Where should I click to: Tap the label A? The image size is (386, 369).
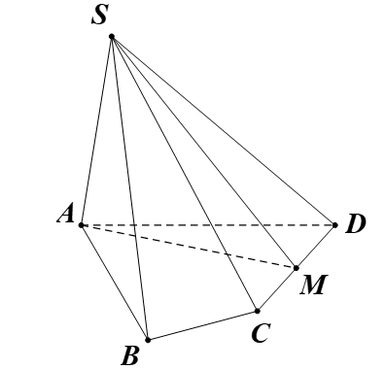point(65,216)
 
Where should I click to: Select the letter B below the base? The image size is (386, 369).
point(130,354)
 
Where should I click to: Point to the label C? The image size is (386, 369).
point(260,333)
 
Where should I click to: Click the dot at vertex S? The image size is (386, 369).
point(113,37)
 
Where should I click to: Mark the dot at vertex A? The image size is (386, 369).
point(82,225)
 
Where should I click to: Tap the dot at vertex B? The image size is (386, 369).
point(147,340)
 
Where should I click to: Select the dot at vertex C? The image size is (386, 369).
point(257,311)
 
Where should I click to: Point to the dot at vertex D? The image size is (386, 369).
point(334,225)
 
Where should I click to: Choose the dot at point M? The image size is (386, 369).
point(297,266)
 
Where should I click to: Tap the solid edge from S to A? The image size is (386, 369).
point(97,131)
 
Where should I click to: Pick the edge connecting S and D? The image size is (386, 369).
point(224,131)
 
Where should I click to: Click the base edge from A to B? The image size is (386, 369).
point(114,283)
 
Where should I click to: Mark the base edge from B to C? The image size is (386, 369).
point(201,325)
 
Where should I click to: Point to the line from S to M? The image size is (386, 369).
point(204,151)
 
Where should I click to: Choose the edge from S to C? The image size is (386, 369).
point(185,174)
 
